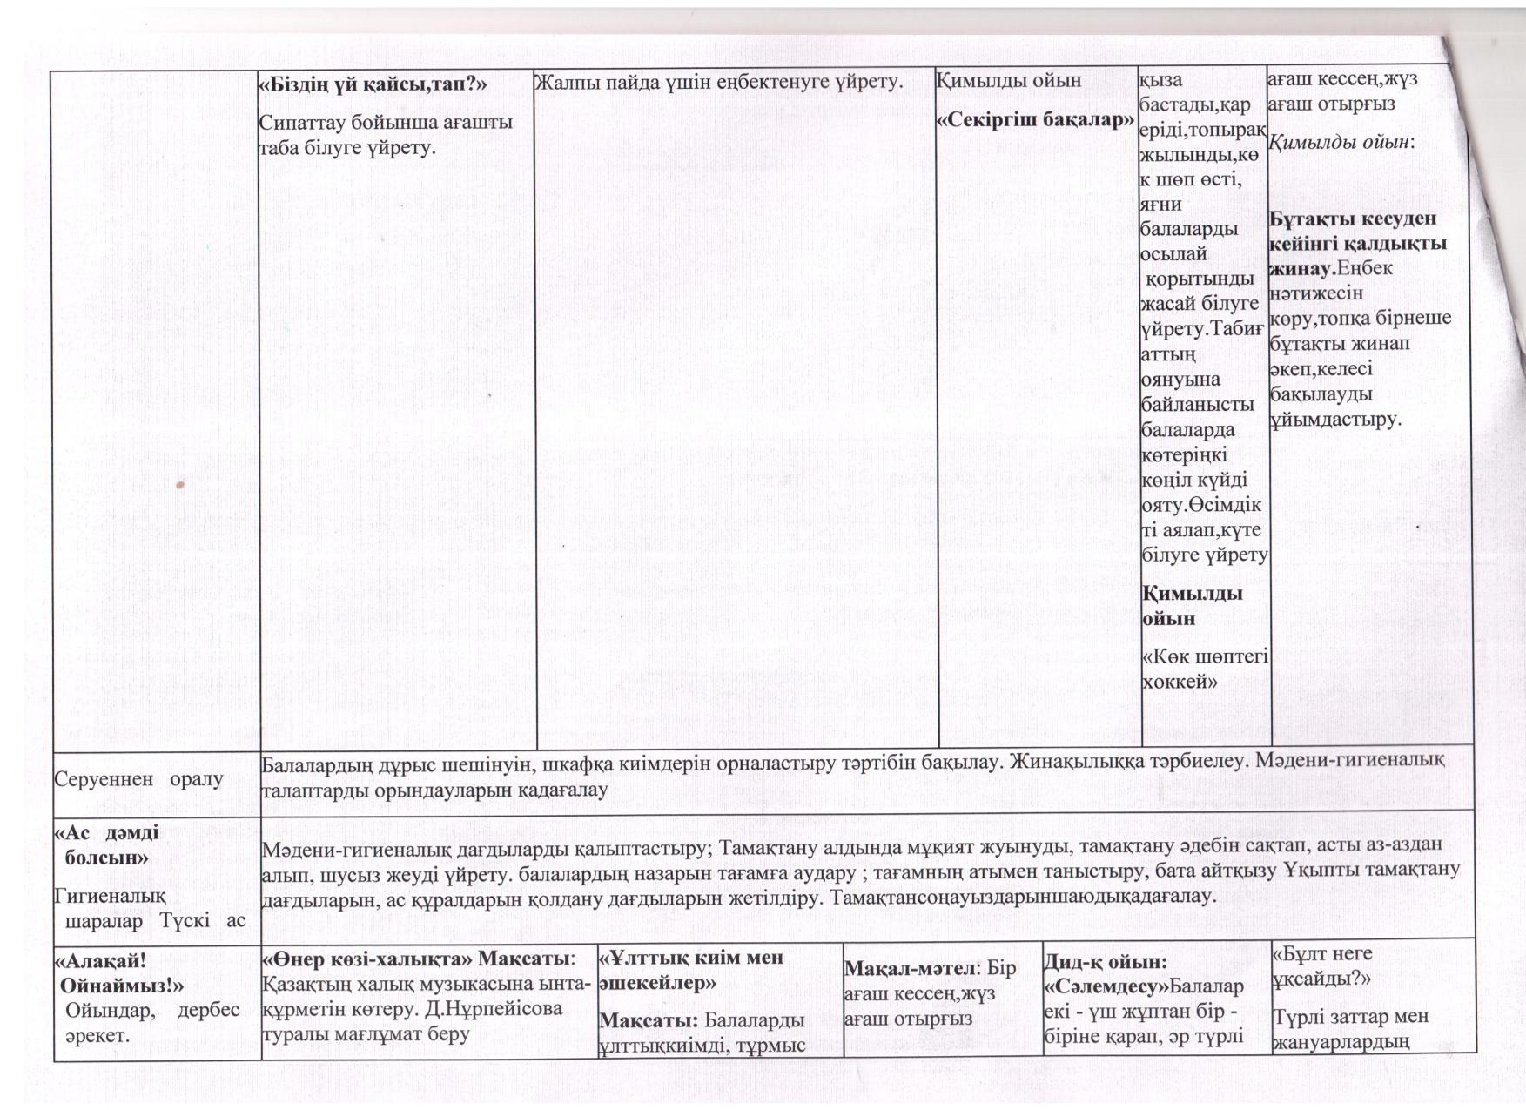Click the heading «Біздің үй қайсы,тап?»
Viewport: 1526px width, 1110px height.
pos(373,84)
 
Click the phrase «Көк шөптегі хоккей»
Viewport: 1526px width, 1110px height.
pos(1204,668)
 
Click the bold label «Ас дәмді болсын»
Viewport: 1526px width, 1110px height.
pos(108,844)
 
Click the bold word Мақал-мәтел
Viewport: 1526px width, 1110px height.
pos(908,969)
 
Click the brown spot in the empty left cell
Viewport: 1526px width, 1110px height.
pos(179,483)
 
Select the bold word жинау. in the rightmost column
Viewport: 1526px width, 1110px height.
pos(1302,268)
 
